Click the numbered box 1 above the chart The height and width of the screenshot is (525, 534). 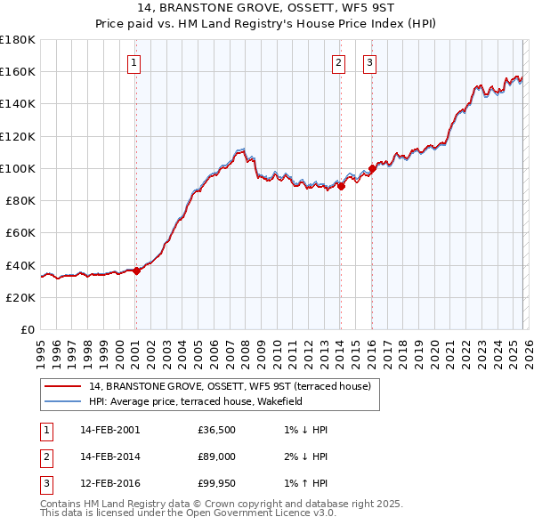coord(133,62)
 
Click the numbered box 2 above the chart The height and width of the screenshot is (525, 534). coord(340,62)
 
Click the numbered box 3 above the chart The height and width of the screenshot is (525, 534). coord(369,62)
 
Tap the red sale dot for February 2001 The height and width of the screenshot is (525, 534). coord(136,271)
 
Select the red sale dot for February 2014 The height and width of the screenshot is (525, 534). coord(341,187)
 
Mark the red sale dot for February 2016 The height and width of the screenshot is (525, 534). coord(372,168)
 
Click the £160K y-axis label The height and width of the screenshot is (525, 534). coord(18,71)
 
